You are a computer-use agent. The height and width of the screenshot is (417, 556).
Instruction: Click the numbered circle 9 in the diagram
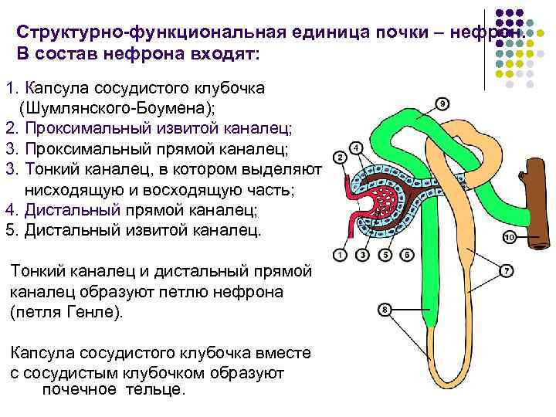tap(443, 103)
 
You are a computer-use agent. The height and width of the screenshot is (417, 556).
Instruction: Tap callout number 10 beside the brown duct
tap(509, 237)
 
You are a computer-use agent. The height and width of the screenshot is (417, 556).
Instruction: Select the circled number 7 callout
tap(507, 270)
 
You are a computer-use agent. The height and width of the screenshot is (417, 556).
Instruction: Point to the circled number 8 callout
tap(385, 310)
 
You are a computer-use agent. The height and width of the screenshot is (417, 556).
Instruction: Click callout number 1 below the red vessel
tap(341, 254)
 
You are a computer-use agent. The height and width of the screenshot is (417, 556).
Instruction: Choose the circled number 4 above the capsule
tap(355, 147)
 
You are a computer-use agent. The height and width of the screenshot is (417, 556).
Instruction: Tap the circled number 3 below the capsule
tap(363, 254)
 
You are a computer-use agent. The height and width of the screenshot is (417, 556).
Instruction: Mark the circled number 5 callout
tap(385, 254)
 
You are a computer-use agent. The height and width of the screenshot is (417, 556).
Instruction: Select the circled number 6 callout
tap(407, 254)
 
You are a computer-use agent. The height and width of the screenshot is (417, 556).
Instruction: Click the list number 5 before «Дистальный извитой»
tap(9, 229)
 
